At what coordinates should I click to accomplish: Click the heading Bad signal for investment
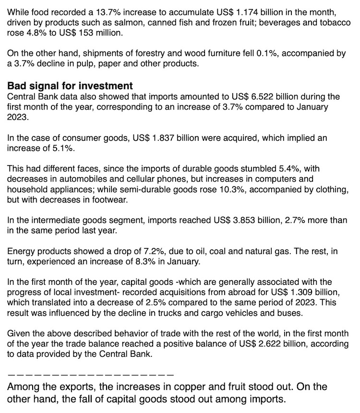[x=70, y=86]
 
